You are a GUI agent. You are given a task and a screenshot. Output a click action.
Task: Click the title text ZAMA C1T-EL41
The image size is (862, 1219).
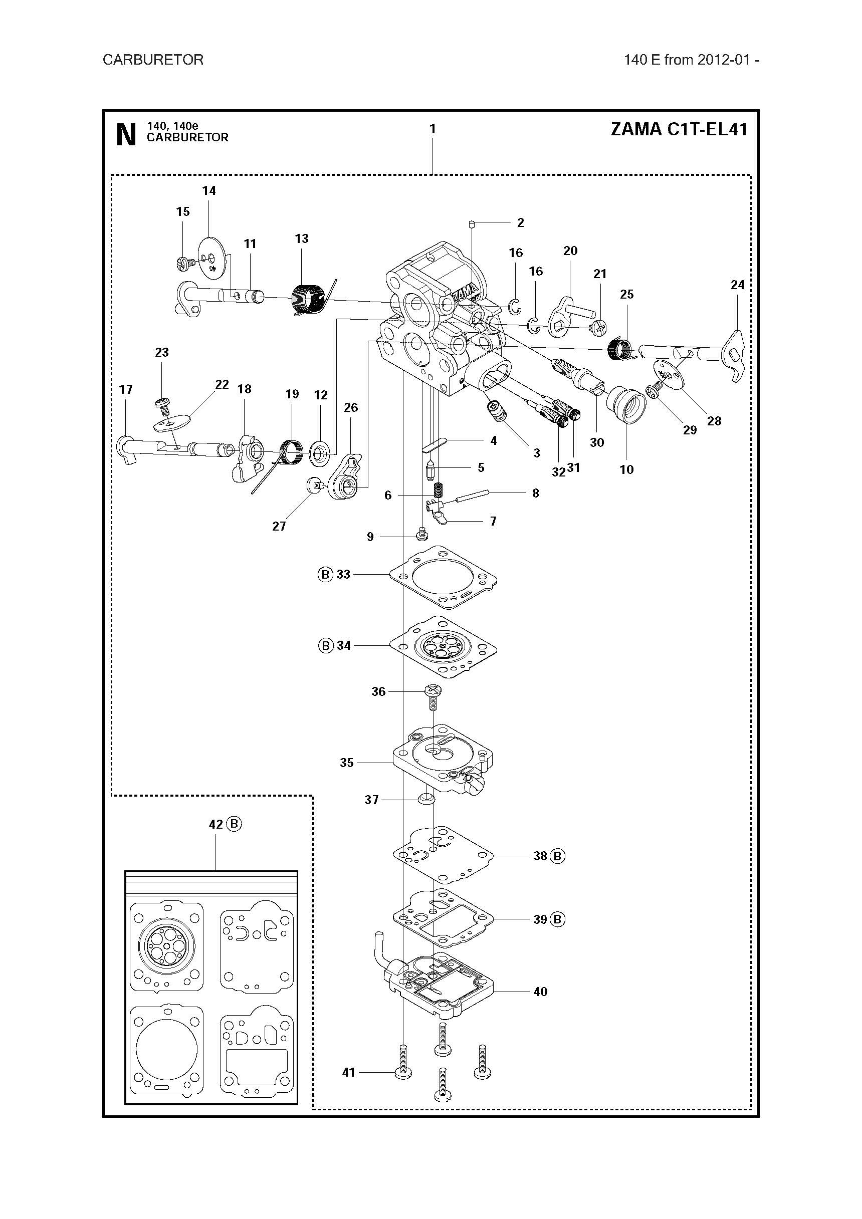click(679, 129)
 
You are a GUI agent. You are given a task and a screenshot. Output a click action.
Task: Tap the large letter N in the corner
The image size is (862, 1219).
click(126, 135)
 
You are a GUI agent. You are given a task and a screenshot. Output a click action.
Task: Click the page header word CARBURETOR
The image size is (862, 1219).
click(153, 60)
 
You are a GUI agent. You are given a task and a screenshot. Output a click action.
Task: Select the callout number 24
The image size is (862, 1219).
click(737, 285)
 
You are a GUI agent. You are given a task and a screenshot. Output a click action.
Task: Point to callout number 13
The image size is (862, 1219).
click(302, 238)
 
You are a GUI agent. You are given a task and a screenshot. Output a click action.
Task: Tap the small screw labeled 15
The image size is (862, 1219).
click(183, 262)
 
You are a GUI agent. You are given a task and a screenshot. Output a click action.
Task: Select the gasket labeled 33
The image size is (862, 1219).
click(444, 577)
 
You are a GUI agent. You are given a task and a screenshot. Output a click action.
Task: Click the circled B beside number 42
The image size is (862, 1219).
click(234, 824)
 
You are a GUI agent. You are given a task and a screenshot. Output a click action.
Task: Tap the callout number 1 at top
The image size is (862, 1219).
click(433, 128)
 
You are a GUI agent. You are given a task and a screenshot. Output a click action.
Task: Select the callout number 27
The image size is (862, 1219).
click(279, 526)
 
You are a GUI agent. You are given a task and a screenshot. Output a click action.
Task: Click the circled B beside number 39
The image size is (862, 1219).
click(557, 919)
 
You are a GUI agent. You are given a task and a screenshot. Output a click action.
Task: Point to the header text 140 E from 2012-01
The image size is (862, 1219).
click(692, 60)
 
